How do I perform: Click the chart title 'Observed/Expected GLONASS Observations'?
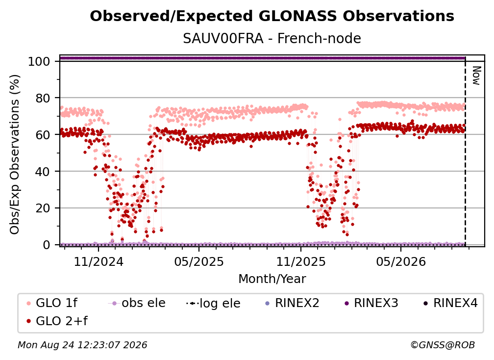click(x=272, y=16)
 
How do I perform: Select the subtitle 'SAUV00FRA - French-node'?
click(x=272, y=38)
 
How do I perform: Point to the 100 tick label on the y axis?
click(x=39, y=61)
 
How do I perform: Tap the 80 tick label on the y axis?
click(x=43, y=98)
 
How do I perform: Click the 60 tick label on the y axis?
click(x=43, y=135)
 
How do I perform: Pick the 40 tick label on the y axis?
click(x=43, y=172)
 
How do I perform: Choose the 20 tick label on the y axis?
click(x=43, y=208)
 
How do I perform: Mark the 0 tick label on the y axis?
click(x=47, y=245)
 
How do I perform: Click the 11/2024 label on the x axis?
click(x=99, y=261)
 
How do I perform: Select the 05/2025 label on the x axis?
click(x=199, y=261)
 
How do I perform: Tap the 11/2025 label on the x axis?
click(x=301, y=261)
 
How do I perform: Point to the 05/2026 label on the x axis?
click(x=401, y=261)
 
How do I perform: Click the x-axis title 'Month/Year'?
click(x=272, y=279)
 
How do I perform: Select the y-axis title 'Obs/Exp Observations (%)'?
click(x=15, y=154)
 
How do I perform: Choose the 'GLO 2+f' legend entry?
click(x=57, y=321)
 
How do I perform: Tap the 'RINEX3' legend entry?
click(x=371, y=303)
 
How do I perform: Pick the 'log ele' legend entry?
click(x=213, y=303)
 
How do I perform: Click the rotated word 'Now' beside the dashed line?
click(x=476, y=76)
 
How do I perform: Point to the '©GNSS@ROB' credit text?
click(x=443, y=345)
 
